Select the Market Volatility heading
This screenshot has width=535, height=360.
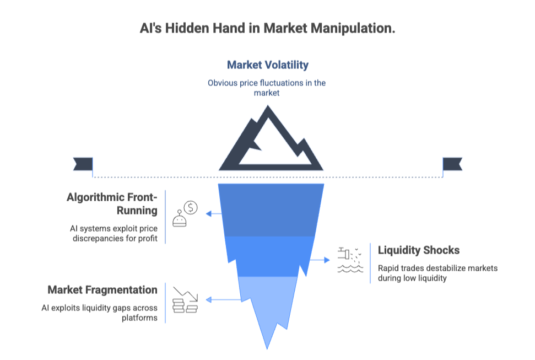pyautogui.click(x=268, y=65)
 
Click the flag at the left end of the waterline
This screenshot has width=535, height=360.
pyautogui.click(x=83, y=164)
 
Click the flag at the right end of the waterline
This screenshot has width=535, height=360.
pyautogui.click(x=452, y=164)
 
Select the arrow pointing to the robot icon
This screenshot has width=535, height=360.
pyautogui.click(x=214, y=213)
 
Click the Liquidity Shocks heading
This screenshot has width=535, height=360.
pyautogui.click(x=418, y=250)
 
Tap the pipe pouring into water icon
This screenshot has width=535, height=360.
pyautogui.click(x=349, y=260)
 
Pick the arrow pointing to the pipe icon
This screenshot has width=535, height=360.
pyautogui.click(x=318, y=259)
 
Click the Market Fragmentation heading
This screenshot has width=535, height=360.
pyautogui.click(x=102, y=290)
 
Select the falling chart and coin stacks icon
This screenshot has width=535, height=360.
pyautogui.click(x=185, y=300)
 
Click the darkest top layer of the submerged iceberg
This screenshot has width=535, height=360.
pyautogui.click(x=271, y=209)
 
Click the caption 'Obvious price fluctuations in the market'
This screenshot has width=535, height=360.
pyautogui.click(x=267, y=88)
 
